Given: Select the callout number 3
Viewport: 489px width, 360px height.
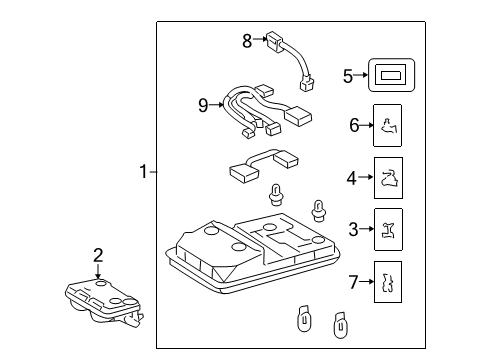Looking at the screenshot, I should click(x=352, y=230).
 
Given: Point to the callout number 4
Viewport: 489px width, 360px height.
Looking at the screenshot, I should click(x=352, y=178).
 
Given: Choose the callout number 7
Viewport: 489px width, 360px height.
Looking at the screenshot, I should click(x=352, y=283).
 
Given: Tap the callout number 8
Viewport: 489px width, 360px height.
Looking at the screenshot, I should click(x=247, y=40).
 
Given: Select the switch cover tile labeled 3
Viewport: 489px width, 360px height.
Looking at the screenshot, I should click(x=387, y=230).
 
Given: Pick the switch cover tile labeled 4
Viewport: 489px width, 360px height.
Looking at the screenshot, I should click(x=387, y=178).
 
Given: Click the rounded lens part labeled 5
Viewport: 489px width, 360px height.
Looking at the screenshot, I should click(x=392, y=74).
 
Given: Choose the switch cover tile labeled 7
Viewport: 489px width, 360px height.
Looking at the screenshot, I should click(x=387, y=282).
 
